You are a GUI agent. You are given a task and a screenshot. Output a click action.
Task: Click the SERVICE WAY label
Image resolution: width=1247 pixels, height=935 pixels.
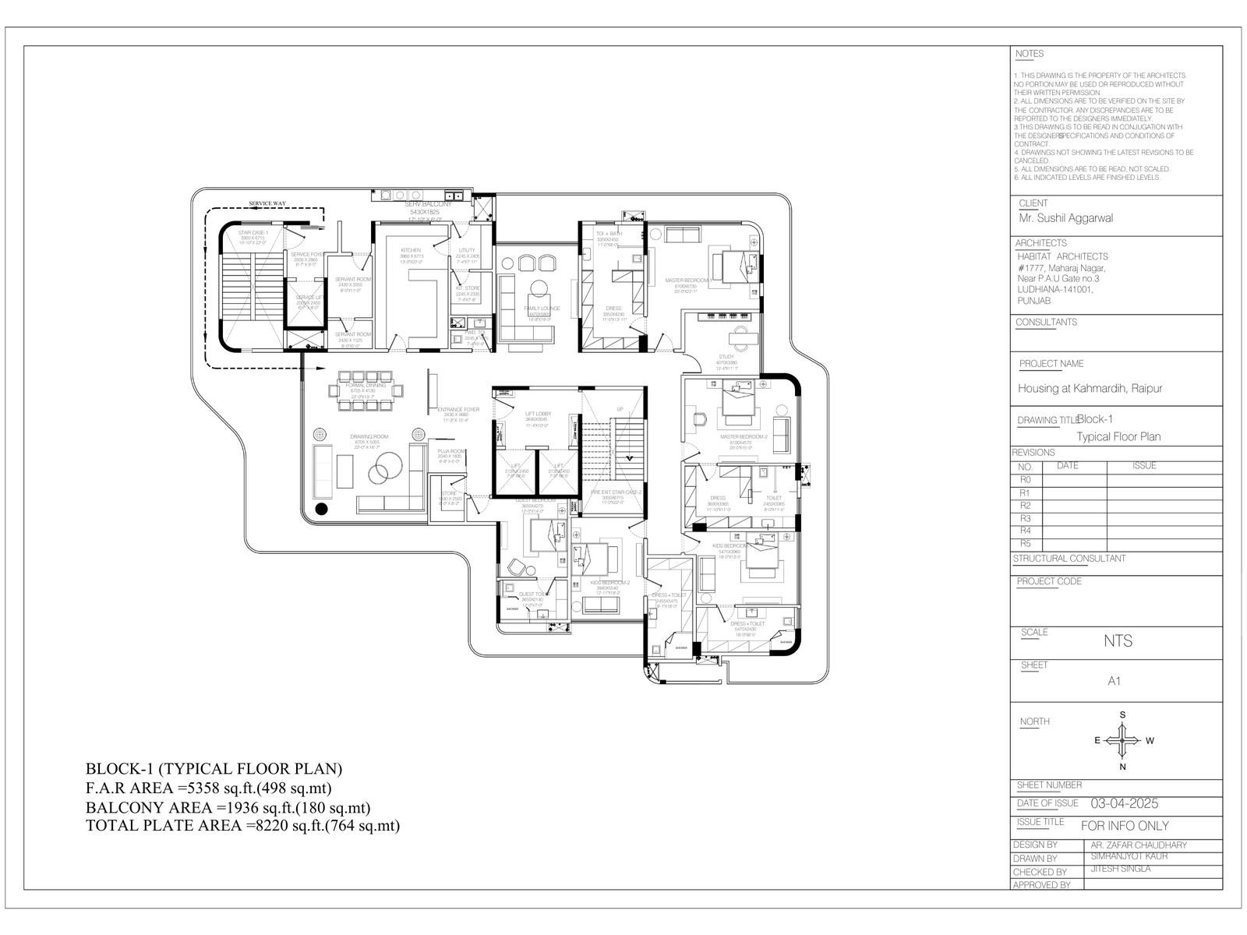[x=267, y=203]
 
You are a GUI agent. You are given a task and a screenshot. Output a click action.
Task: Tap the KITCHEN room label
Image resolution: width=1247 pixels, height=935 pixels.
[x=411, y=251]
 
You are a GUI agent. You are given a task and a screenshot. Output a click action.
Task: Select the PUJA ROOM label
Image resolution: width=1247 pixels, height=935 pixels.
[x=451, y=451]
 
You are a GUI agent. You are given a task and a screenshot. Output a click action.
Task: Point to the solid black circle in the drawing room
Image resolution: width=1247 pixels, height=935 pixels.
[x=320, y=510]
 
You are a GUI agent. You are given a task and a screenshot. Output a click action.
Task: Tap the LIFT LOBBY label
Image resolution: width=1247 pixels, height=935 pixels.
[x=538, y=414]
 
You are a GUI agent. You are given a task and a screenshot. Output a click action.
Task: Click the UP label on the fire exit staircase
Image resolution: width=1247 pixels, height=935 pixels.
[x=620, y=409]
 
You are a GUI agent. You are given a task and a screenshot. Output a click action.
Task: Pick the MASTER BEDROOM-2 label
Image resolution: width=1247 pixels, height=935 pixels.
[x=744, y=437]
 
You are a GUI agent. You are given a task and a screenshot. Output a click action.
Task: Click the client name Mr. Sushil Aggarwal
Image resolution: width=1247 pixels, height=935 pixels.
[x=1065, y=218]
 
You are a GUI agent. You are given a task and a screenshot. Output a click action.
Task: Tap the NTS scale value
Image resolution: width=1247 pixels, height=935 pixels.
[x=1118, y=641]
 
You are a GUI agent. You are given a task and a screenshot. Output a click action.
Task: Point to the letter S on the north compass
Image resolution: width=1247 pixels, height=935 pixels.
[x=1122, y=714]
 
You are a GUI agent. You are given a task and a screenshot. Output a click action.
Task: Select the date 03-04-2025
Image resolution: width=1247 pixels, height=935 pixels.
[x=1124, y=803]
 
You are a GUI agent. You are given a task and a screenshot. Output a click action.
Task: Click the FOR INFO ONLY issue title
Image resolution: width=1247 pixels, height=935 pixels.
[x=1125, y=825]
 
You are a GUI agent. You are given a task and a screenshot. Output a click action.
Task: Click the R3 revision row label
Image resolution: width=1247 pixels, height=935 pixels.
[x=1025, y=518]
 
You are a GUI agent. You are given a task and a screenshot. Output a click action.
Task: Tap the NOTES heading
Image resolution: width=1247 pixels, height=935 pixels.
[x=1030, y=54]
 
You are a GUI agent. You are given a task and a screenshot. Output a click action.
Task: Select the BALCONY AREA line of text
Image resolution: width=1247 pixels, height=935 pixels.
[x=228, y=807]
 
